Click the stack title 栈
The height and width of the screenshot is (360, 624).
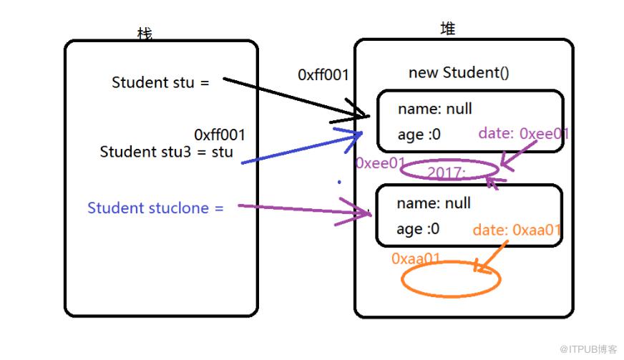145,34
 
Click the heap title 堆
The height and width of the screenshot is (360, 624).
448,29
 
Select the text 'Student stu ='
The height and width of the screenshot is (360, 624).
160,82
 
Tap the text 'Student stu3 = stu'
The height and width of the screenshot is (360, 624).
166,152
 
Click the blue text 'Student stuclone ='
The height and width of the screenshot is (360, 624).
155,208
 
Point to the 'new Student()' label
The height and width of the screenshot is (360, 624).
459,72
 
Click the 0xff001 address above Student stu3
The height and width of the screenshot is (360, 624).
219,135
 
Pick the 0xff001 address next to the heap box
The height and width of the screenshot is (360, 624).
323,75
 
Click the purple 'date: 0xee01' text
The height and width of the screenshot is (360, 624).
524,133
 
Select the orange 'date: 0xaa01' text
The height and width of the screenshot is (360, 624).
517,230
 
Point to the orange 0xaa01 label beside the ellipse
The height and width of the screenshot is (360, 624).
416,259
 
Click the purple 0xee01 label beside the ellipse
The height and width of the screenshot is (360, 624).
380,163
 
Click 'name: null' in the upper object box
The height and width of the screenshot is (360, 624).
435,109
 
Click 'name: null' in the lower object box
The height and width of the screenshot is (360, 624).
434,203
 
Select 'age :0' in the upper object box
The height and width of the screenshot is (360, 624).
419,135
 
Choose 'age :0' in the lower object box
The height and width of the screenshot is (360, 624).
418,229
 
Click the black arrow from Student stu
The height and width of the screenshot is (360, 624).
296,98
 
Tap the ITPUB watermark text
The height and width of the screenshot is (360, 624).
588,349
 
